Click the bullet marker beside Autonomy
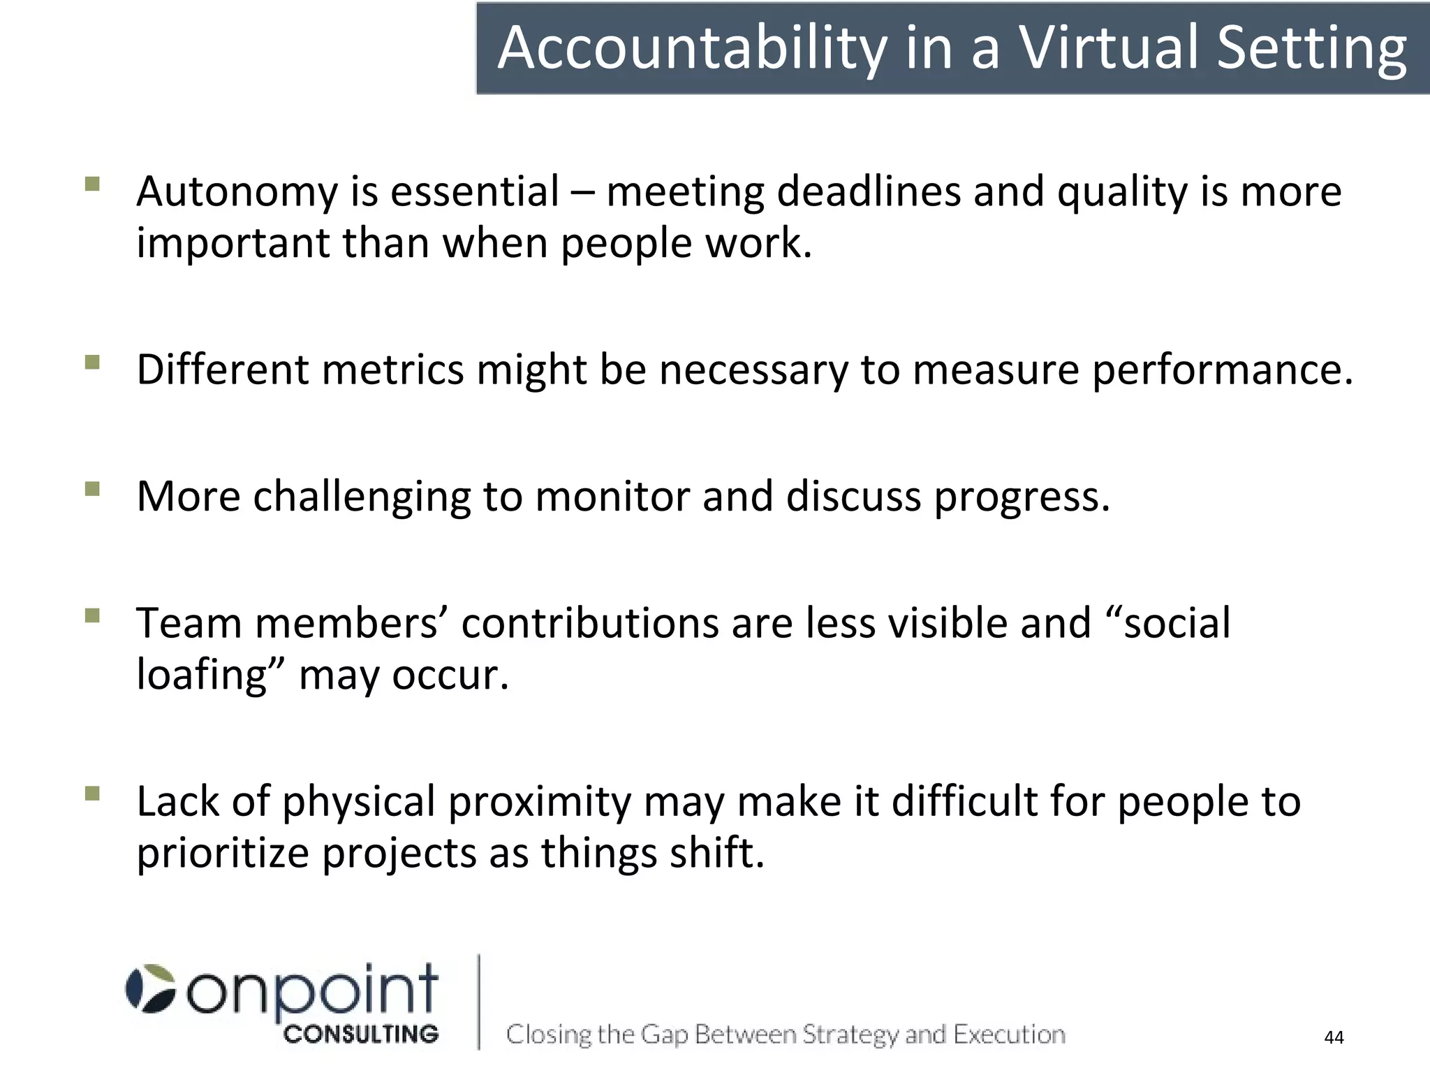92,184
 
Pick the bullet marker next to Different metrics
92,362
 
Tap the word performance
1223,370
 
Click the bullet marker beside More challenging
92,488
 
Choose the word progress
1022,497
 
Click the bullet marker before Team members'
92,615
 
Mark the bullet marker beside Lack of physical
92,794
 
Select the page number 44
1334,1037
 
